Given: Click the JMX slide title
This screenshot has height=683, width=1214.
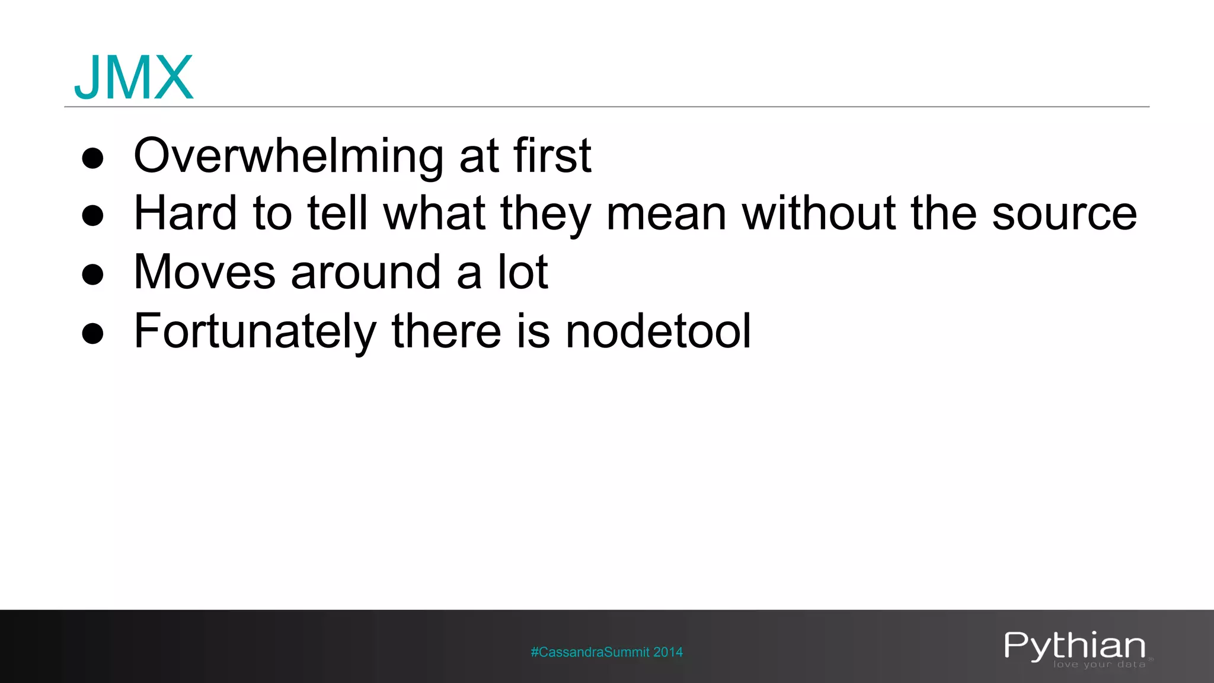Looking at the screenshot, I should point(133,78).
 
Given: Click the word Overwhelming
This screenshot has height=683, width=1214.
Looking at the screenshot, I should point(288,156).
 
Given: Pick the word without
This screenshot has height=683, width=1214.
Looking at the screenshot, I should point(819,213).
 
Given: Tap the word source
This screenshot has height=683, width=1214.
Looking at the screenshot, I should point(1064,214).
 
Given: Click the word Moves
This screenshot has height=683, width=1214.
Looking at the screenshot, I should point(205,272).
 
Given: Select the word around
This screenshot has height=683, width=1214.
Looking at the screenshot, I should point(366,272).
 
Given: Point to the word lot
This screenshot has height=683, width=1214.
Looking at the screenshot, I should point(523,272).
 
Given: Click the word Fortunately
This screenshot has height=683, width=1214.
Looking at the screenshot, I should point(255,331).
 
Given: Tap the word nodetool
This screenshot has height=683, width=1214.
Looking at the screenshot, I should point(658,331).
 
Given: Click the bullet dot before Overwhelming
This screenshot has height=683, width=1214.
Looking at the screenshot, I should point(93,158).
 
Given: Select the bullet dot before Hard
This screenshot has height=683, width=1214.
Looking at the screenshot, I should point(93,216).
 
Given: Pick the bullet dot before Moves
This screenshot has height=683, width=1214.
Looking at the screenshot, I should point(93,275).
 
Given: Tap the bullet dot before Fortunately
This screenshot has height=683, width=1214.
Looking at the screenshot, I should point(93,334).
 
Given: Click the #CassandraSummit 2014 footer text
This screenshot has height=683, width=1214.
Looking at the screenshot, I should point(606,652).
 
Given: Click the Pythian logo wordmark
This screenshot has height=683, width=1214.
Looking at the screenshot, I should point(1074,645).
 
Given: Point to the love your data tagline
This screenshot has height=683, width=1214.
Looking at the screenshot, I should point(1099,665).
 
